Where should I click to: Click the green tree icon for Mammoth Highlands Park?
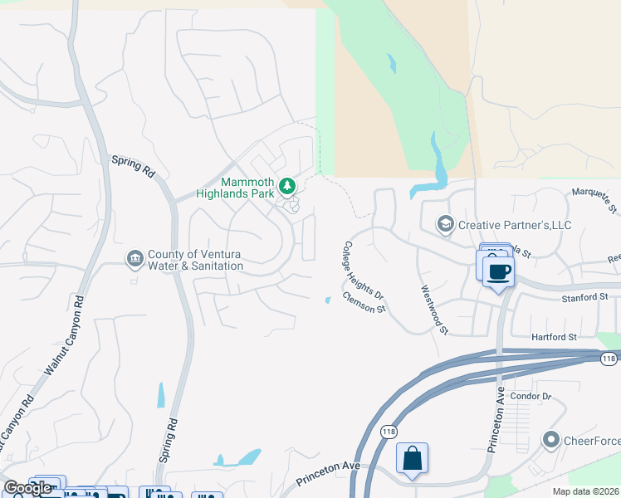[287, 186]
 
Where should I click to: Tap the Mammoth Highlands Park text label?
[247, 188]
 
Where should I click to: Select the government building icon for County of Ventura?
[134, 260]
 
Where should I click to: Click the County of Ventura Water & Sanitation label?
[195, 261]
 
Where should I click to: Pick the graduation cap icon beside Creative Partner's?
[446, 224]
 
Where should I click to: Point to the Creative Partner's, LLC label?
[515, 225]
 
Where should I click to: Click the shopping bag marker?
[412, 458]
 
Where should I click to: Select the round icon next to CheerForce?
[550, 439]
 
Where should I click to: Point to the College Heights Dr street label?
[364, 271]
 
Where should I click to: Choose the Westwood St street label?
[434, 310]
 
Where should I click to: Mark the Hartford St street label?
[554, 337]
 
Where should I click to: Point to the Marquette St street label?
[595, 202]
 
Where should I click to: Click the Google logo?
[27, 488]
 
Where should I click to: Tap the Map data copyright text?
[586, 491]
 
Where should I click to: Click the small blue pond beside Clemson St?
[328, 300]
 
